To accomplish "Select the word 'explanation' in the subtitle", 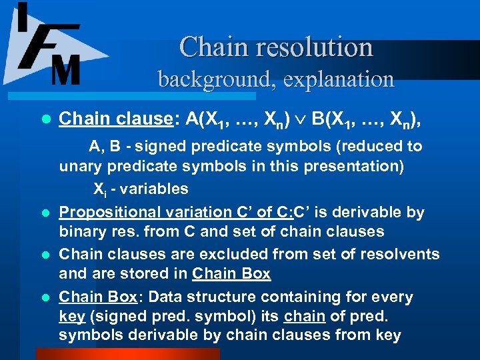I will point(338,79).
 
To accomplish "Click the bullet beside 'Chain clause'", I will point(45,119).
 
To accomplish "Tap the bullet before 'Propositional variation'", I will point(45,213).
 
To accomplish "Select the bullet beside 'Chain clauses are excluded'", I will point(45,255).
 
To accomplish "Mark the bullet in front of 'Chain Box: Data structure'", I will point(45,297).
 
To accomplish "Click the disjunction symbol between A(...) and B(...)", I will point(301,119).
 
